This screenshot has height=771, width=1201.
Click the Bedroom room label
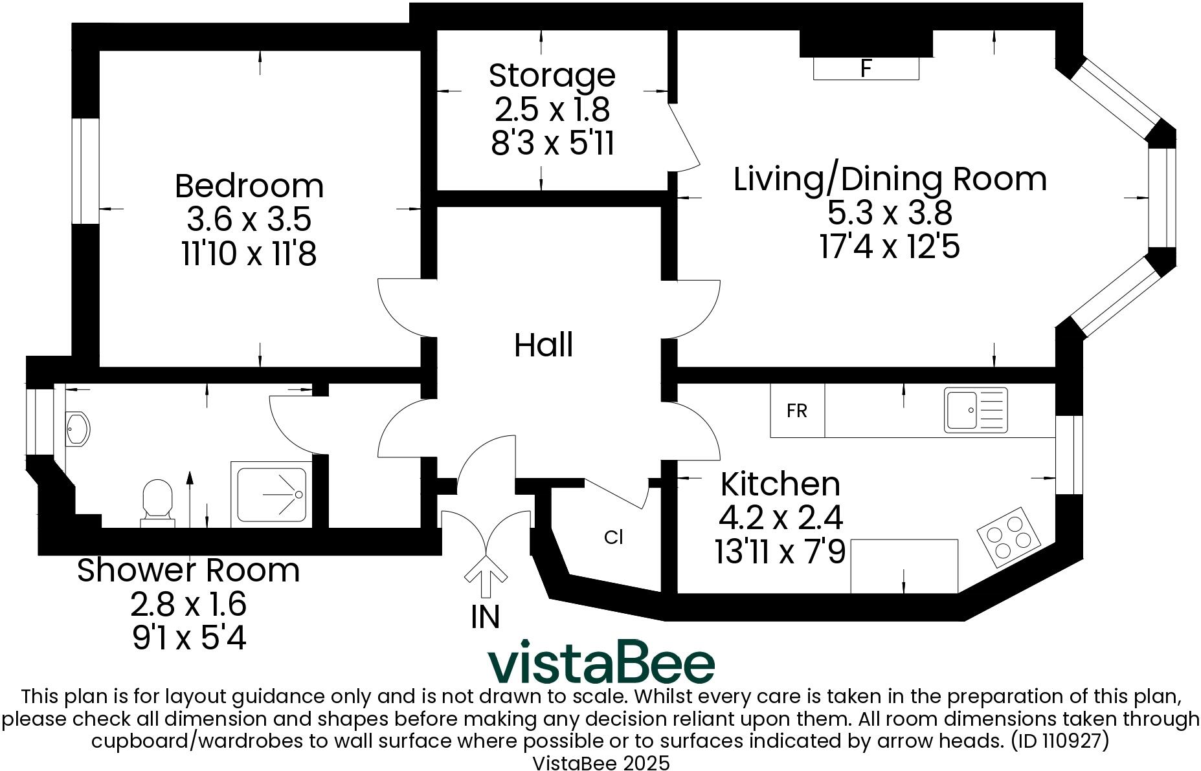click(x=249, y=186)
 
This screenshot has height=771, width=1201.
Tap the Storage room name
click(x=552, y=75)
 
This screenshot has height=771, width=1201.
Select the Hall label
click(x=543, y=345)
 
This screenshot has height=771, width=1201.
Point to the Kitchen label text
click(x=780, y=484)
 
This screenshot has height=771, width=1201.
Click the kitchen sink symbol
click(x=976, y=409)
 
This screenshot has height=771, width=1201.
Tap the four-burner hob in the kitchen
click(x=1009, y=534)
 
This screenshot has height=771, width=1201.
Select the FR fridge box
click(x=797, y=411)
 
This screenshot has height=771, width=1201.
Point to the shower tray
click(x=272, y=495)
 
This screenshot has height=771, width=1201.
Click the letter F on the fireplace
click(x=866, y=68)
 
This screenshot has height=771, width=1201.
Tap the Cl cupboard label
click(x=613, y=537)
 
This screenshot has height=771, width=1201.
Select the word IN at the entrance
click(x=486, y=617)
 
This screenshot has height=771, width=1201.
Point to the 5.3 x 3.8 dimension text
click(x=890, y=212)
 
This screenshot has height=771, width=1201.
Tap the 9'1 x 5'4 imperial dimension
click(x=189, y=638)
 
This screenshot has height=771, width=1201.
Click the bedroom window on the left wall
click(x=85, y=171)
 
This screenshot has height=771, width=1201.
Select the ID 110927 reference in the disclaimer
click(x=1061, y=741)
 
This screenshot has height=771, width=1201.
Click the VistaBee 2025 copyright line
click(x=601, y=763)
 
